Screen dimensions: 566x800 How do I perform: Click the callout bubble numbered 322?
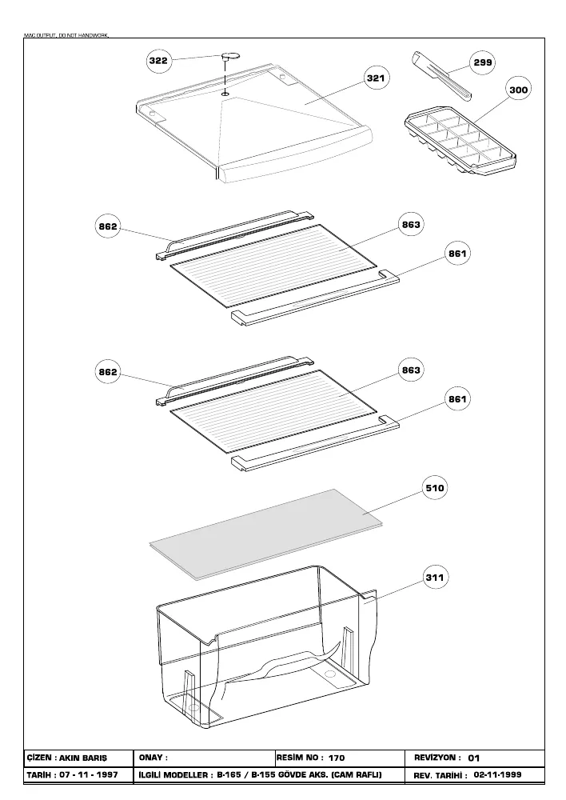pos(158,61)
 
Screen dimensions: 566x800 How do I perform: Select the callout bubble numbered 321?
pos(376,78)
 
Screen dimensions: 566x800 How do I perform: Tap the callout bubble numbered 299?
pos(482,62)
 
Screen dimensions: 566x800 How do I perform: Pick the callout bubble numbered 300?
pos(519,90)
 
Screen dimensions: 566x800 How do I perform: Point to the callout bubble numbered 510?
pos(434,488)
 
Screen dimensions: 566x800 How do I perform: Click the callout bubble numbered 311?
pos(434,578)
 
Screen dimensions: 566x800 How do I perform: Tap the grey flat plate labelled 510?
pos(265,534)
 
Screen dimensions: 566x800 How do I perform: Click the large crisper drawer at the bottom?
pos(266,647)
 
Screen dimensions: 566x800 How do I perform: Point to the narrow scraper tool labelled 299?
pos(440,74)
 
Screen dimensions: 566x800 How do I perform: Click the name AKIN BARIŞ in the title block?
pos(83,758)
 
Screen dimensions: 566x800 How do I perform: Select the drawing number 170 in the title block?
pos(337,758)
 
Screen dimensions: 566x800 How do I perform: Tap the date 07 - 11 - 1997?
pos(89,774)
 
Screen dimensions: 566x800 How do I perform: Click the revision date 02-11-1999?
pos(498,774)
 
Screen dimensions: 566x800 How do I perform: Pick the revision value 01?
pos(474,758)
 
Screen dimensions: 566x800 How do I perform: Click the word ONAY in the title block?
pos(150,758)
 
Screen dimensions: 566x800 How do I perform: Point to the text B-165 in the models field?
pos(229,774)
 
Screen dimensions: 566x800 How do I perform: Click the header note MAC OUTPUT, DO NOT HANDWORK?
pos(66,35)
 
